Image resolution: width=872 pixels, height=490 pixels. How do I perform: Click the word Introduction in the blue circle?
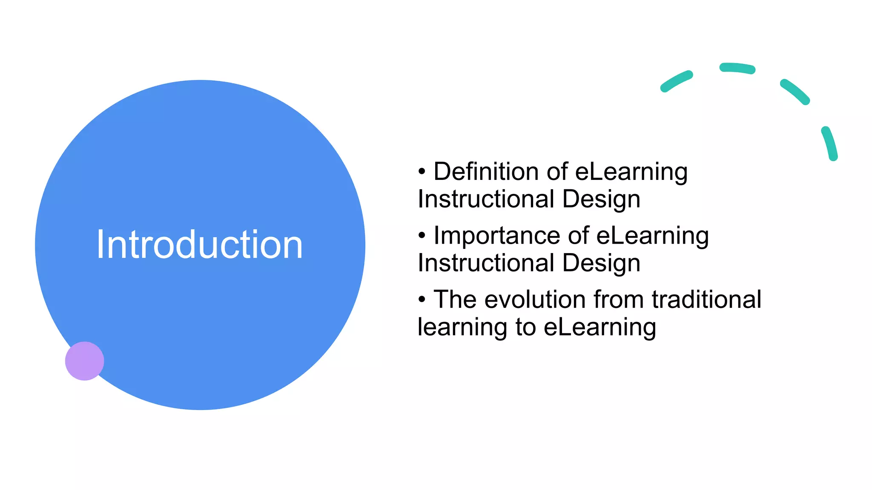tap(199, 245)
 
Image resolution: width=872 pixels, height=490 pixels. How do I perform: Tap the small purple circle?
tap(84, 361)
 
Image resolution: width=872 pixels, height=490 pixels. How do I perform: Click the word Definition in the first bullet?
tap(486, 172)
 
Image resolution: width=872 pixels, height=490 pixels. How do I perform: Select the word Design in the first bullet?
tap(601, 199)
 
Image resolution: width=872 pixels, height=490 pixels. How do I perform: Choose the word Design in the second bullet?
tap(601, 263)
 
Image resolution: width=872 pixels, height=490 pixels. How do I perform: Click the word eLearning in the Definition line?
tap(631, 172)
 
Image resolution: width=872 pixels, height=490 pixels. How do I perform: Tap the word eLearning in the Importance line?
tap(652, 236)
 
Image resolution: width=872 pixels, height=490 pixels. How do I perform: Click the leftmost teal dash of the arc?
tap(676, 81)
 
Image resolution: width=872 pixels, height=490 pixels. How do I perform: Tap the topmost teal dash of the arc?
tap(737, 68)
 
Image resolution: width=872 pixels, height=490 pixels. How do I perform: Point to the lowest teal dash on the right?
tap(830, 143)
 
